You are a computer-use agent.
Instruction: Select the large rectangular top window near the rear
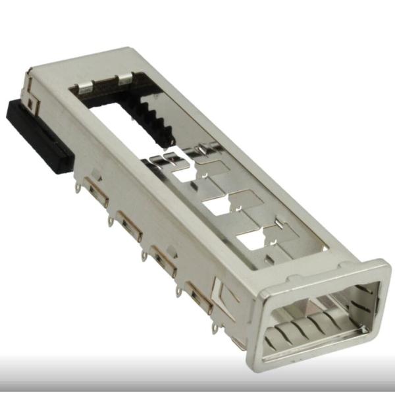[x=132, y=112]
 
